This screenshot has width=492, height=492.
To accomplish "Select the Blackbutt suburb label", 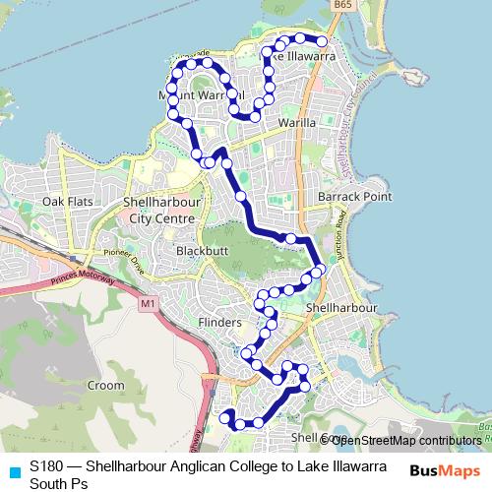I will coord(201,251).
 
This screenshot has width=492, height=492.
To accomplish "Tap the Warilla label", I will coord(296,123).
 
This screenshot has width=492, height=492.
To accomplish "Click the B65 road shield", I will coord(342,6).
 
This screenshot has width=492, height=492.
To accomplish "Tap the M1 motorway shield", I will coord(148,305).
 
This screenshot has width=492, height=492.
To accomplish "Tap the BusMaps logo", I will coord(445,471).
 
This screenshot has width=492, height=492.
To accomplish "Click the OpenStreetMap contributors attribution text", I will coord(406,441).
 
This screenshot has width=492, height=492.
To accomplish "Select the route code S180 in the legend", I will coord(47,465).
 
